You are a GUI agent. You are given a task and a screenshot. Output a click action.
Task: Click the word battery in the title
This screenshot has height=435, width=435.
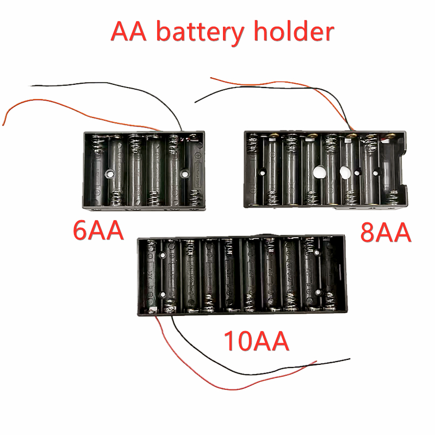(201, 33)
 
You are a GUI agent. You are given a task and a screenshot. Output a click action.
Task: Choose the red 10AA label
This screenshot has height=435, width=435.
(256, 342)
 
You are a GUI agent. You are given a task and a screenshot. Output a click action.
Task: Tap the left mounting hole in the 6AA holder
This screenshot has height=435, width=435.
(110, 175)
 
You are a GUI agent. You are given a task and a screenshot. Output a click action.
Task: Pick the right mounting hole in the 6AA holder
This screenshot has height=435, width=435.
(184, 175)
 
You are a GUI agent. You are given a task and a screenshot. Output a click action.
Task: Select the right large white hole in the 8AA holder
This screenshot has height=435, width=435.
(344, 173)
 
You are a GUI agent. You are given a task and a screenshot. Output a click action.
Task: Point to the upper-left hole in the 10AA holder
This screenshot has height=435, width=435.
(162, 254)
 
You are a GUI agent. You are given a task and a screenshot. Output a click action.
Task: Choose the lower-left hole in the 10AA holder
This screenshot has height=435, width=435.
(162, 295)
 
